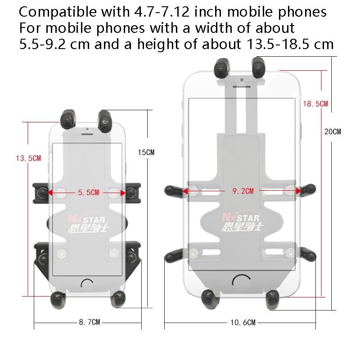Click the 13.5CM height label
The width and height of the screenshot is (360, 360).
(28, 158)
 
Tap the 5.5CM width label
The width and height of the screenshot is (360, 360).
(89, 193)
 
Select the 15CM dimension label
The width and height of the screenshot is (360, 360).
(146, 152)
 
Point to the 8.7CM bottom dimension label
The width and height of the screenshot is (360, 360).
(90, 322)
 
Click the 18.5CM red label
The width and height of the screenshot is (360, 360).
(315, 104)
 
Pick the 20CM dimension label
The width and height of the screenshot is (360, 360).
(333, 131)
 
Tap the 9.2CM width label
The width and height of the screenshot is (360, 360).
(243, 191)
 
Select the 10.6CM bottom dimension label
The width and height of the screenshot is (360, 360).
(243, 323)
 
